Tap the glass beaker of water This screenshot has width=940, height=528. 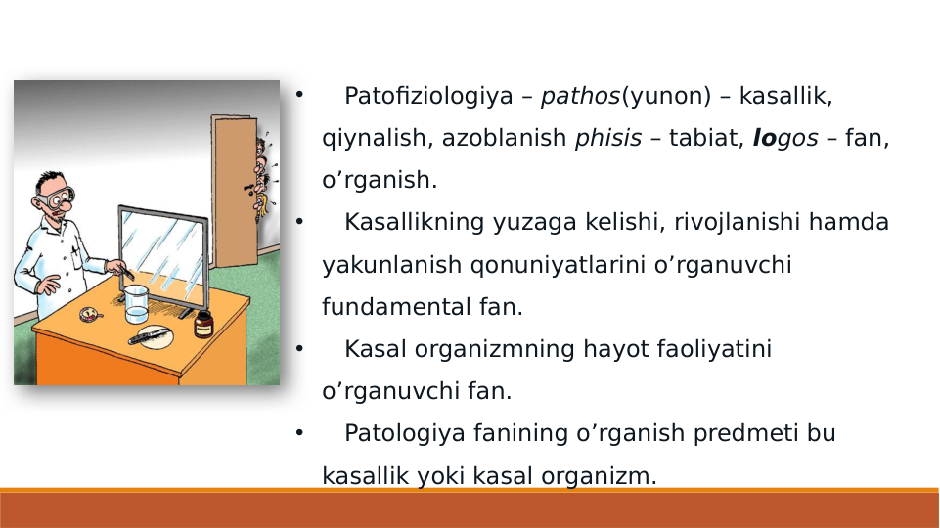[135, 305]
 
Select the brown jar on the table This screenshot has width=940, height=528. [203, 323]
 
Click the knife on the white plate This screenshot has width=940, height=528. [150, 335]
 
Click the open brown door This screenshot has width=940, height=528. [234, 191]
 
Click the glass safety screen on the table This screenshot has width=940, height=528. [163, 256]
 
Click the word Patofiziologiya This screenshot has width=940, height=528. [428, 96]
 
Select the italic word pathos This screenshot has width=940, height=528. [580, 96]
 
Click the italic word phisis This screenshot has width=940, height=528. [607, 138]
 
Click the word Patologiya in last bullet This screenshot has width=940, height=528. [401, 433]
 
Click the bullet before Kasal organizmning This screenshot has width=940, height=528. [300, 348]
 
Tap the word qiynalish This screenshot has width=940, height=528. [377, 138]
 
